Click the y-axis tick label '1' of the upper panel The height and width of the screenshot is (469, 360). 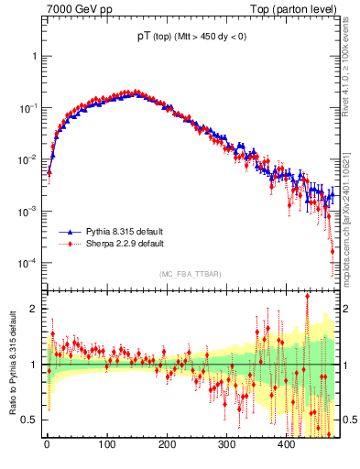pyautogui.click(x=36, y=56)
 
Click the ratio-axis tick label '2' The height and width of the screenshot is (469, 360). pyautogui.click(x=36, y=309)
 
